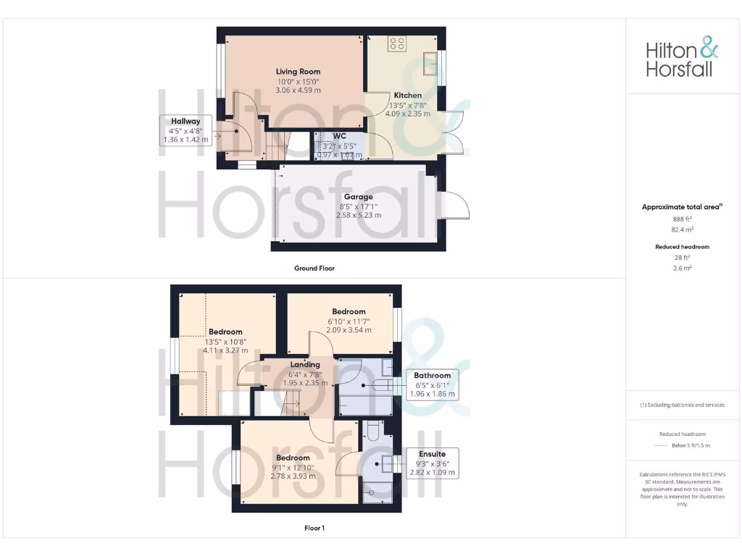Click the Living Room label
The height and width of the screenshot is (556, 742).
click(298, 72)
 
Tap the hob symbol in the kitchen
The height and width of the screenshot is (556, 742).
click(397, 43)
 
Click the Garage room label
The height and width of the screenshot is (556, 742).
click(359, 197)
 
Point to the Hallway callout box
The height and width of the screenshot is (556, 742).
click(185, 130)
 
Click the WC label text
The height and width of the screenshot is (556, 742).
click(339, 136)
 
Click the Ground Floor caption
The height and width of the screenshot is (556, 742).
click(314, 268)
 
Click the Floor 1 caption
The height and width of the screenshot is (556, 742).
click(314, 528)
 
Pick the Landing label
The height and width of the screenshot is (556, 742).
click(305, 365)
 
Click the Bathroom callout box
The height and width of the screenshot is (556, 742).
click(433, 384)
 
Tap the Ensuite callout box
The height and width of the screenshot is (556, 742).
click(432, 463)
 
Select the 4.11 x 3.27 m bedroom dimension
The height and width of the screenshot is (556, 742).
click(225, 350)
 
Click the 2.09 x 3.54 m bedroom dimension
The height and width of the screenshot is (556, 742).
click(349, 330)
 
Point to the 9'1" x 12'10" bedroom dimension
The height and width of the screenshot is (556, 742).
click(293, 467)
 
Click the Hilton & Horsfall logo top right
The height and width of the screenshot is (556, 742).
click(682, 59)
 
